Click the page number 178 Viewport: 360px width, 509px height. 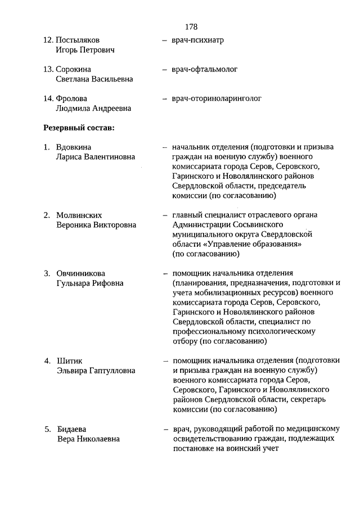click(191, 26)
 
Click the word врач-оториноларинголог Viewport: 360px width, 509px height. click(217, 98)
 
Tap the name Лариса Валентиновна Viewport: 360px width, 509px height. click(96, 157)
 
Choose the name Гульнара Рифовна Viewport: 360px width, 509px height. click(90, 283)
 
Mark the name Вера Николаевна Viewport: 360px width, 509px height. click(88, 439)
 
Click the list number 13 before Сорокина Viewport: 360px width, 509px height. click(48, 69)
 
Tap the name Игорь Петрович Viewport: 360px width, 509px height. click(85, 50)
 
